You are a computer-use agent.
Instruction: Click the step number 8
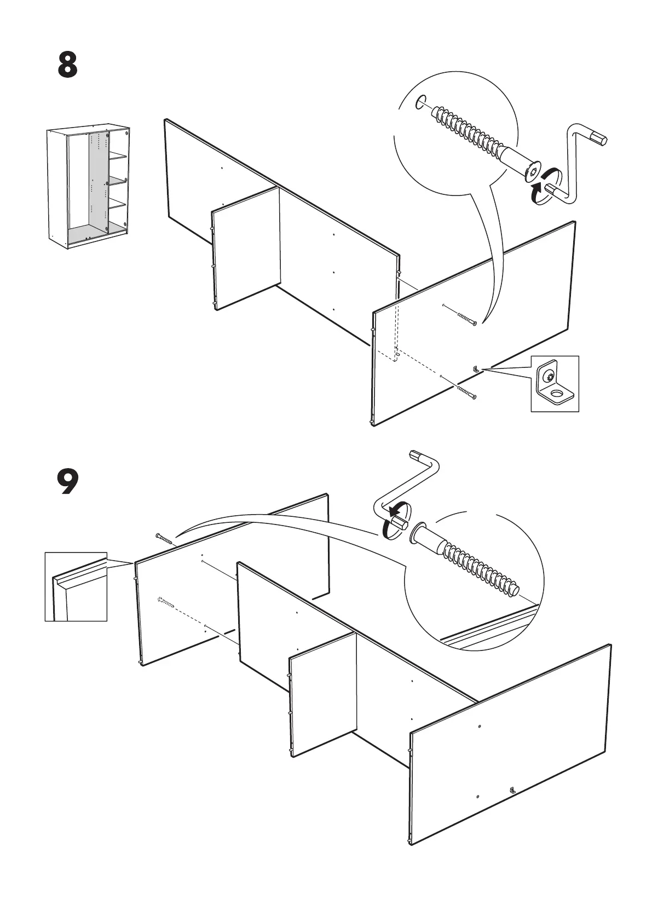(67, 65)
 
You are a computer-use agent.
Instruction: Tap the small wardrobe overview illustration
(89, 186)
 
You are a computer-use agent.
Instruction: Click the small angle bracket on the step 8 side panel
(476, 370)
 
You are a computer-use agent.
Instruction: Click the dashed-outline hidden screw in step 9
(165, 602)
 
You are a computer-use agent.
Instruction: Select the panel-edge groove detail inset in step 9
(76, 586)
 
